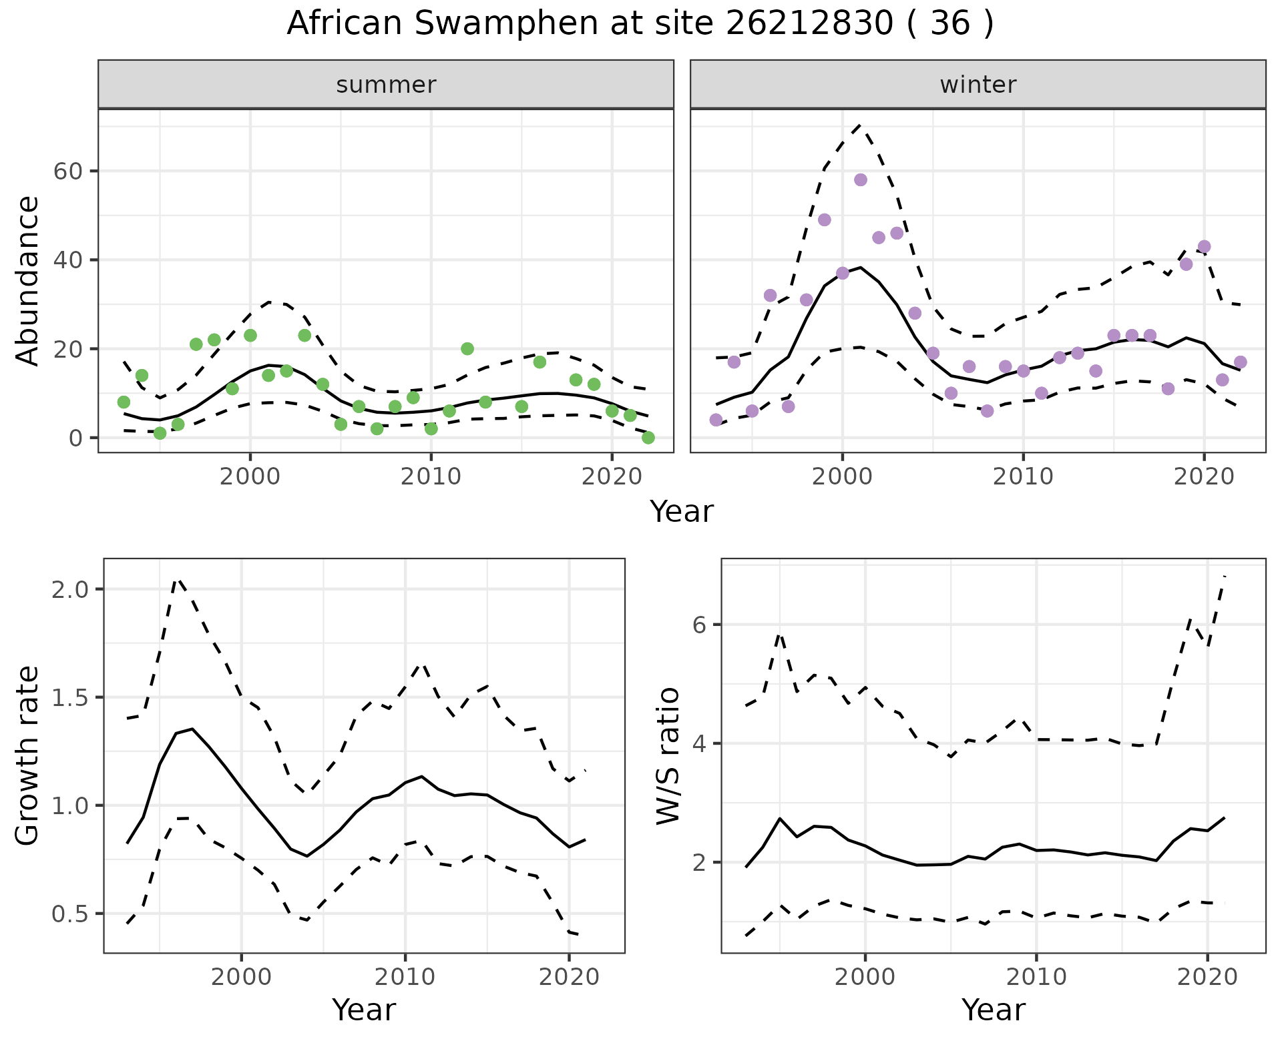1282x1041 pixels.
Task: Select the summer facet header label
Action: (386, 85)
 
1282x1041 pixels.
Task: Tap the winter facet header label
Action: (978, 85)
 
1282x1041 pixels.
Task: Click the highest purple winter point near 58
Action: (860, 180)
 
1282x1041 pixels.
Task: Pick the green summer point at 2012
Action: (467, 348)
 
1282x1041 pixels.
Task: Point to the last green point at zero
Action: (648, 438)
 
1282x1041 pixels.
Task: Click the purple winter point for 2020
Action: (1204, 246)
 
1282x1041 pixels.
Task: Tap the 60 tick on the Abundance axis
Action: (67, 171)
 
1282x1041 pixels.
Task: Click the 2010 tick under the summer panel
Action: (431, 477)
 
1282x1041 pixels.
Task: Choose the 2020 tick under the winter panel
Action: (1204, 477)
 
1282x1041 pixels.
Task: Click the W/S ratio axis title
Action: (668, 755)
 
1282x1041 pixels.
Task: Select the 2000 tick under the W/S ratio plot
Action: (865, 978)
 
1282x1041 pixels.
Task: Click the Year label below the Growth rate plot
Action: (364, 1010)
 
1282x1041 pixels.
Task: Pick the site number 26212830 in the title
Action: (809, 24)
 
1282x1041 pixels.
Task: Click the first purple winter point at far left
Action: (716, 420)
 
